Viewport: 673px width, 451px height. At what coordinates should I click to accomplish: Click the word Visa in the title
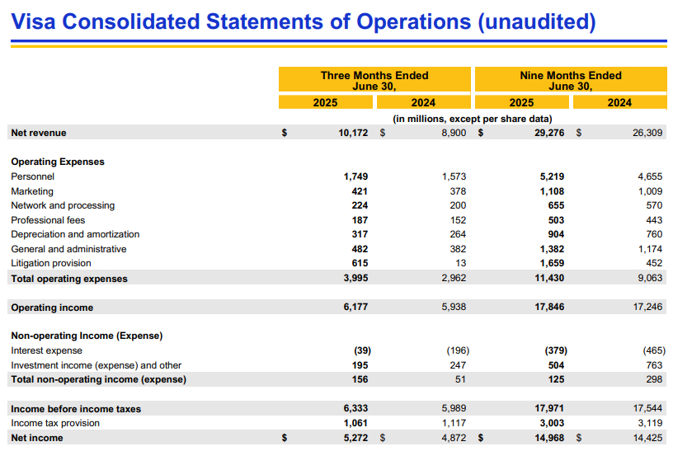[x=33, y=21]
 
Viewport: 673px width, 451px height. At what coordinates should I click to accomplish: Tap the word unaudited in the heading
[x=537, y=21]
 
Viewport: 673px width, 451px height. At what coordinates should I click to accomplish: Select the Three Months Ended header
[x=374, y=76]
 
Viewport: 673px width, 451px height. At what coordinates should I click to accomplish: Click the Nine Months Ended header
[x=571, y=76]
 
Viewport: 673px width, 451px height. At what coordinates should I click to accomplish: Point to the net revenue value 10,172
[x=353, y=133]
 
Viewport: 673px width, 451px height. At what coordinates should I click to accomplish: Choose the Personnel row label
[x=33, y=176]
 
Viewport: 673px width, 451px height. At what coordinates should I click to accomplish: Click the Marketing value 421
[x=360, y=191]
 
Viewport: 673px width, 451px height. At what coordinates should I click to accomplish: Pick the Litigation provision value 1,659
[x=552, y=263]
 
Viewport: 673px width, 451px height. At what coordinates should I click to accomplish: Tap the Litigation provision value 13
[x=460, y=263]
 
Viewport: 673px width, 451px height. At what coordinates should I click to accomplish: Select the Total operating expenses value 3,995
[x=355, y=278]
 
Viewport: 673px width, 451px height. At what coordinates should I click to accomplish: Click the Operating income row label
[x=52, y=308]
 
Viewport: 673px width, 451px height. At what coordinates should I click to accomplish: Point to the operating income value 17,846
[x=549, y=307]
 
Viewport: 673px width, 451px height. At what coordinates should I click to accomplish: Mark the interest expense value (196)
[x=458, y=350]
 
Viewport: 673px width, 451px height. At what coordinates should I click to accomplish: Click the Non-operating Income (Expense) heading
[x=87, y=336]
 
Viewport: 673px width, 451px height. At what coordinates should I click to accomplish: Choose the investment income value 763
[x=654, y=365]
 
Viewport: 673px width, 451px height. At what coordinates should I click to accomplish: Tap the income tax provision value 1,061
[x=355, y=423]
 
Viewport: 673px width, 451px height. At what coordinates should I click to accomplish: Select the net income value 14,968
[x=549, y=438]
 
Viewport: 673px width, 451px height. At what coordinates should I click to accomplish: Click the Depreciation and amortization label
[x=75, y=234]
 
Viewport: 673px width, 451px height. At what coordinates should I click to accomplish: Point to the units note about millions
[x=472, y=119]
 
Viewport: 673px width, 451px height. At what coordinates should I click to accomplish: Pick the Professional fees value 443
[x=654, y=220]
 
